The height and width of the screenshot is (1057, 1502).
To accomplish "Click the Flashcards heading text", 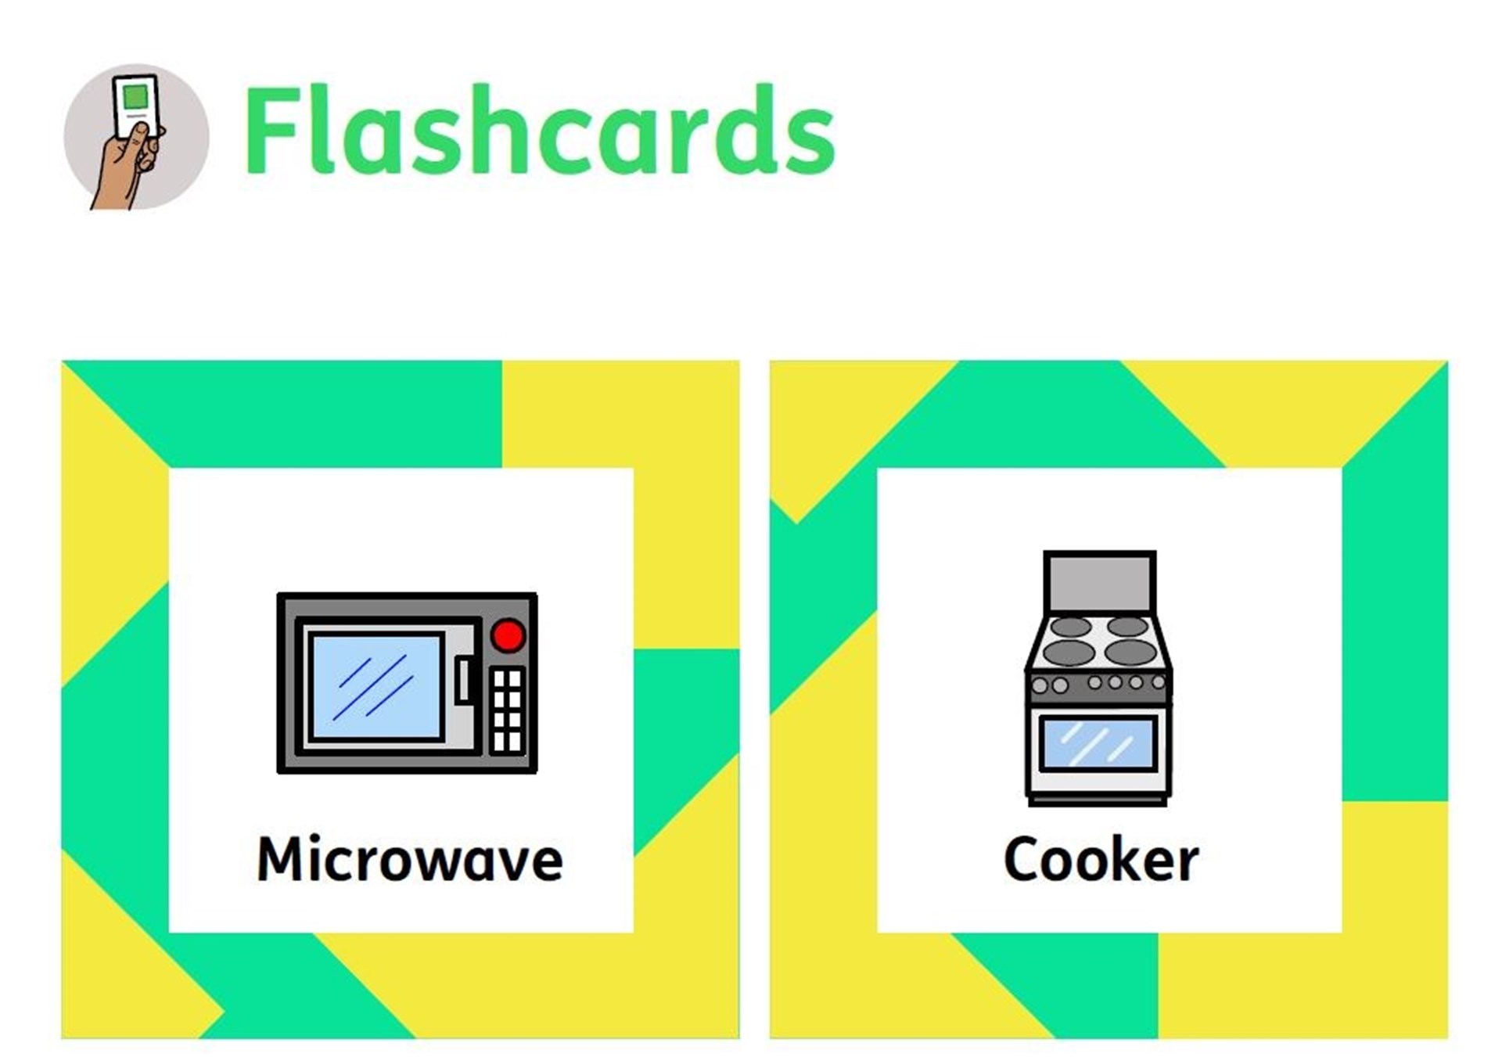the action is pos(540,130).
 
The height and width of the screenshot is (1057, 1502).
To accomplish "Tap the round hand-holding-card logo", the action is pos(136,137).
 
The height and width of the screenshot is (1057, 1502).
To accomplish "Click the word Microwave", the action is pos(410,859).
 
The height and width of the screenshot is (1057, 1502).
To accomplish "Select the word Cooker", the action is pos(1101,858).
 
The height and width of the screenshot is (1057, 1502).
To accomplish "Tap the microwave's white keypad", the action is pos(507,710).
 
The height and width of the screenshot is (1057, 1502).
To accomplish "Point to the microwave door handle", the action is pos(464,679).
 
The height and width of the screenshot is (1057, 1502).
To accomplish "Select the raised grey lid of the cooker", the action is pos(1100,583).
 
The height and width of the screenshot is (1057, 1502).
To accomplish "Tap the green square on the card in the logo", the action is pos(135,96).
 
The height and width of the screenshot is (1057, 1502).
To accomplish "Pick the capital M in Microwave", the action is pos(282,858).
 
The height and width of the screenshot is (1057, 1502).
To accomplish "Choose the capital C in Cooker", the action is pos(1022,858).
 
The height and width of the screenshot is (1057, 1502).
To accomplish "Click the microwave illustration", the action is pos(408,683).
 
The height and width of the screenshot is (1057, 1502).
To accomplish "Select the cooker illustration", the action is pos(1099,678).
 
